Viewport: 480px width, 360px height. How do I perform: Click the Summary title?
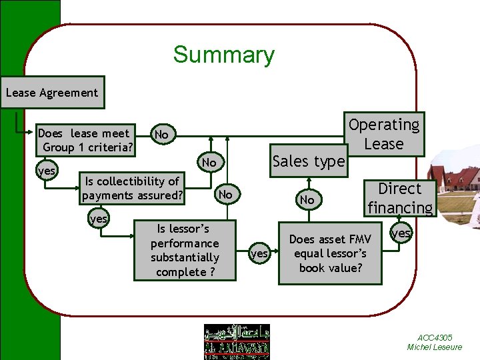pyautogui.click(x=223, y=55)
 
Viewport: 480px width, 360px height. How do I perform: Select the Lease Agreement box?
pyautogui.click(x=52, y=93)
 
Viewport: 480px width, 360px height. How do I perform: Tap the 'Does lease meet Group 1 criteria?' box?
pyautogui.click(x=86, y=140)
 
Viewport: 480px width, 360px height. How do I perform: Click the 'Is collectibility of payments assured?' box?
pyautogui.click(x=132, y=188)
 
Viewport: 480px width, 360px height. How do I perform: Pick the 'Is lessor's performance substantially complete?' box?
pyautogui.click(x=185, y=250)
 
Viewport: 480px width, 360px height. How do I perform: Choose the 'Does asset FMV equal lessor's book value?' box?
pyautogui.click(x=330, y=254)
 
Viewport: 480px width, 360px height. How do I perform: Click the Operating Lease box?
pyautogui.click(x=385, y=134)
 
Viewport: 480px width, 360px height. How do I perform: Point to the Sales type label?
pyautogui.click(x=309, y=161)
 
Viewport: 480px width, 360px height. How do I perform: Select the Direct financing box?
pyautogui.click(x=400, y=199)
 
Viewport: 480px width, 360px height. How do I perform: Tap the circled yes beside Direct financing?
pyautogui.click(x=401, y=233)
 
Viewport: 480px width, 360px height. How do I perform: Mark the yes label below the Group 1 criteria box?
pyautogui.click(x=47, y=171)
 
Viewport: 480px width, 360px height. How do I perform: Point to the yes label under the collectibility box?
pyautogui.click(x=99, y=219)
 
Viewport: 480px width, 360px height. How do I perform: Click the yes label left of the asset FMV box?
pyautogui.click(x=259, y=254)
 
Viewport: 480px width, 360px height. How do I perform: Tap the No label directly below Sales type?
pyautogui.click(x=307, y=200)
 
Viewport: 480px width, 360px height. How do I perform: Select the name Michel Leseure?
pyautogui.click(x=434, y=347)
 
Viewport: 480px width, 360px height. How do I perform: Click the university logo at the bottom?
pyautogui.click(x=237, y=341)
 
